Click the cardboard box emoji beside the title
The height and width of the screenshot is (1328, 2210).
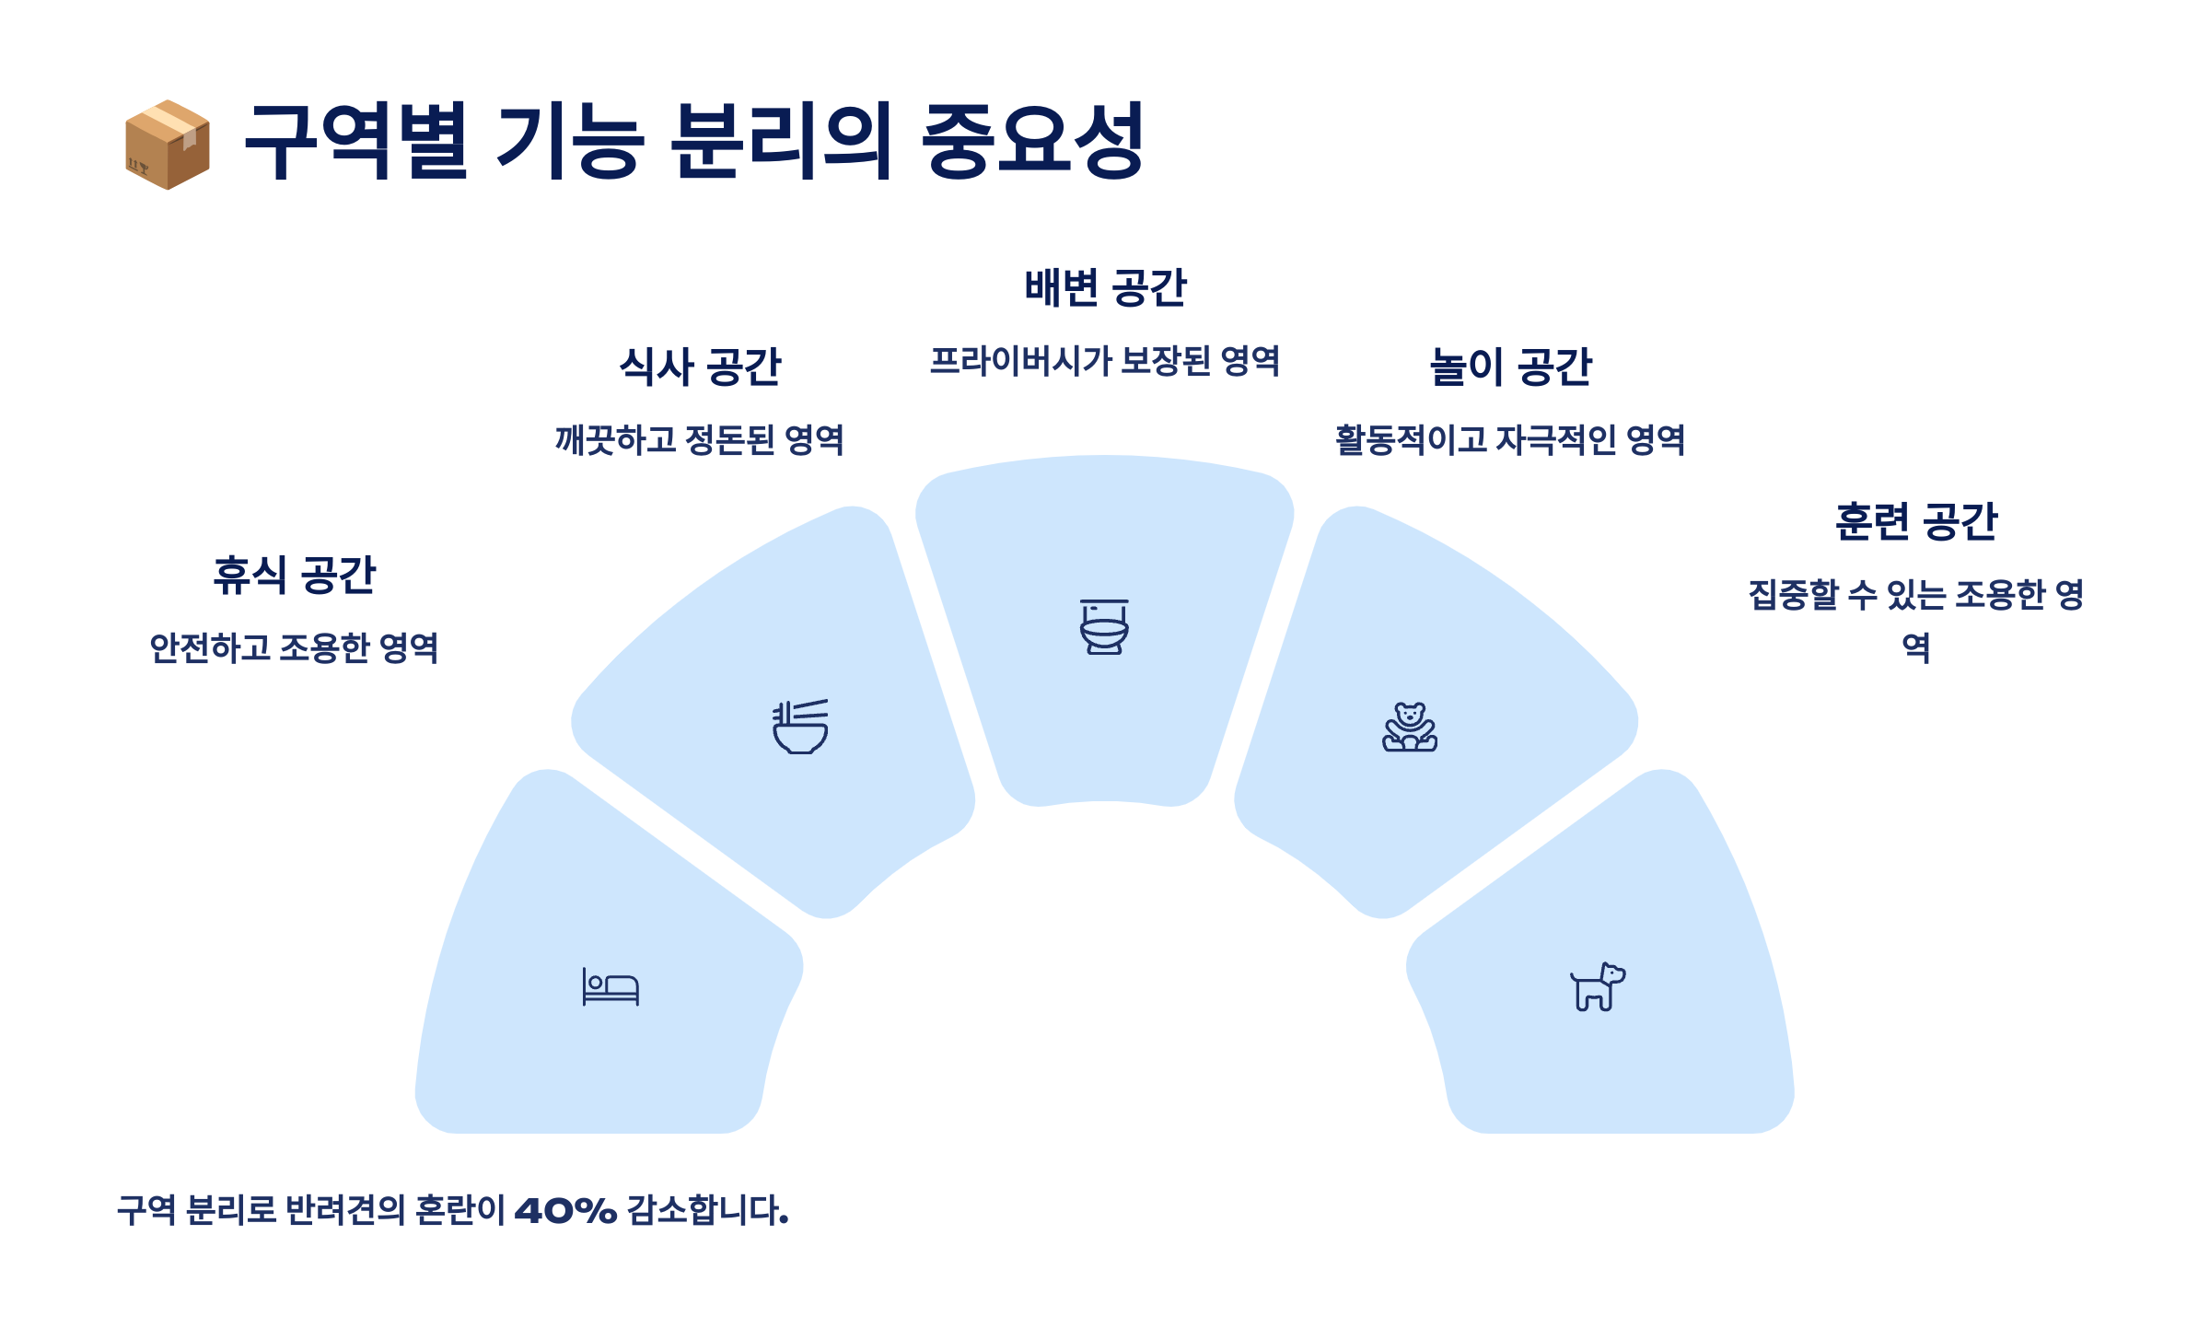(168, 145)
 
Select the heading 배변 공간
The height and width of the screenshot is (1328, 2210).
(1105, 288)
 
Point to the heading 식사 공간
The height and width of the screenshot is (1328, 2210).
(700, 367)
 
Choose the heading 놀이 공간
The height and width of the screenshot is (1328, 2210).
(1510, 367)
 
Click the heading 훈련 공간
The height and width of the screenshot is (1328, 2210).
(1915, 522)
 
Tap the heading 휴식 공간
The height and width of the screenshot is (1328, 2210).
(295, 576)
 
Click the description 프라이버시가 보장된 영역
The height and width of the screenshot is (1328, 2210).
(1105, 361)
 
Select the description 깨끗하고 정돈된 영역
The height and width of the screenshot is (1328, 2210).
(700, 440)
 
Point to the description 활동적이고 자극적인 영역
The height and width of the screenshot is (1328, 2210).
(1510, 440)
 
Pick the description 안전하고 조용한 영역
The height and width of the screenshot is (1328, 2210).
(295, 648)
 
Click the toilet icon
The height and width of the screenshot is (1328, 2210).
(1104, 627)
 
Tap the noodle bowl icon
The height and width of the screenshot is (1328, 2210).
(800, 727)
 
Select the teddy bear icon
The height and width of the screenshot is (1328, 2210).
(1410, 727)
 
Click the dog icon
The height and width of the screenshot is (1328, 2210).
(1598, 987)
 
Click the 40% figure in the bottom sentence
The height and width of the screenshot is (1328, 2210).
(565, 1210)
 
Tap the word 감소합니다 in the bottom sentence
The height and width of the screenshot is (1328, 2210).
(707, 1210)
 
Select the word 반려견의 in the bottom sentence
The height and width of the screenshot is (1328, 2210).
(345, 1210)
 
